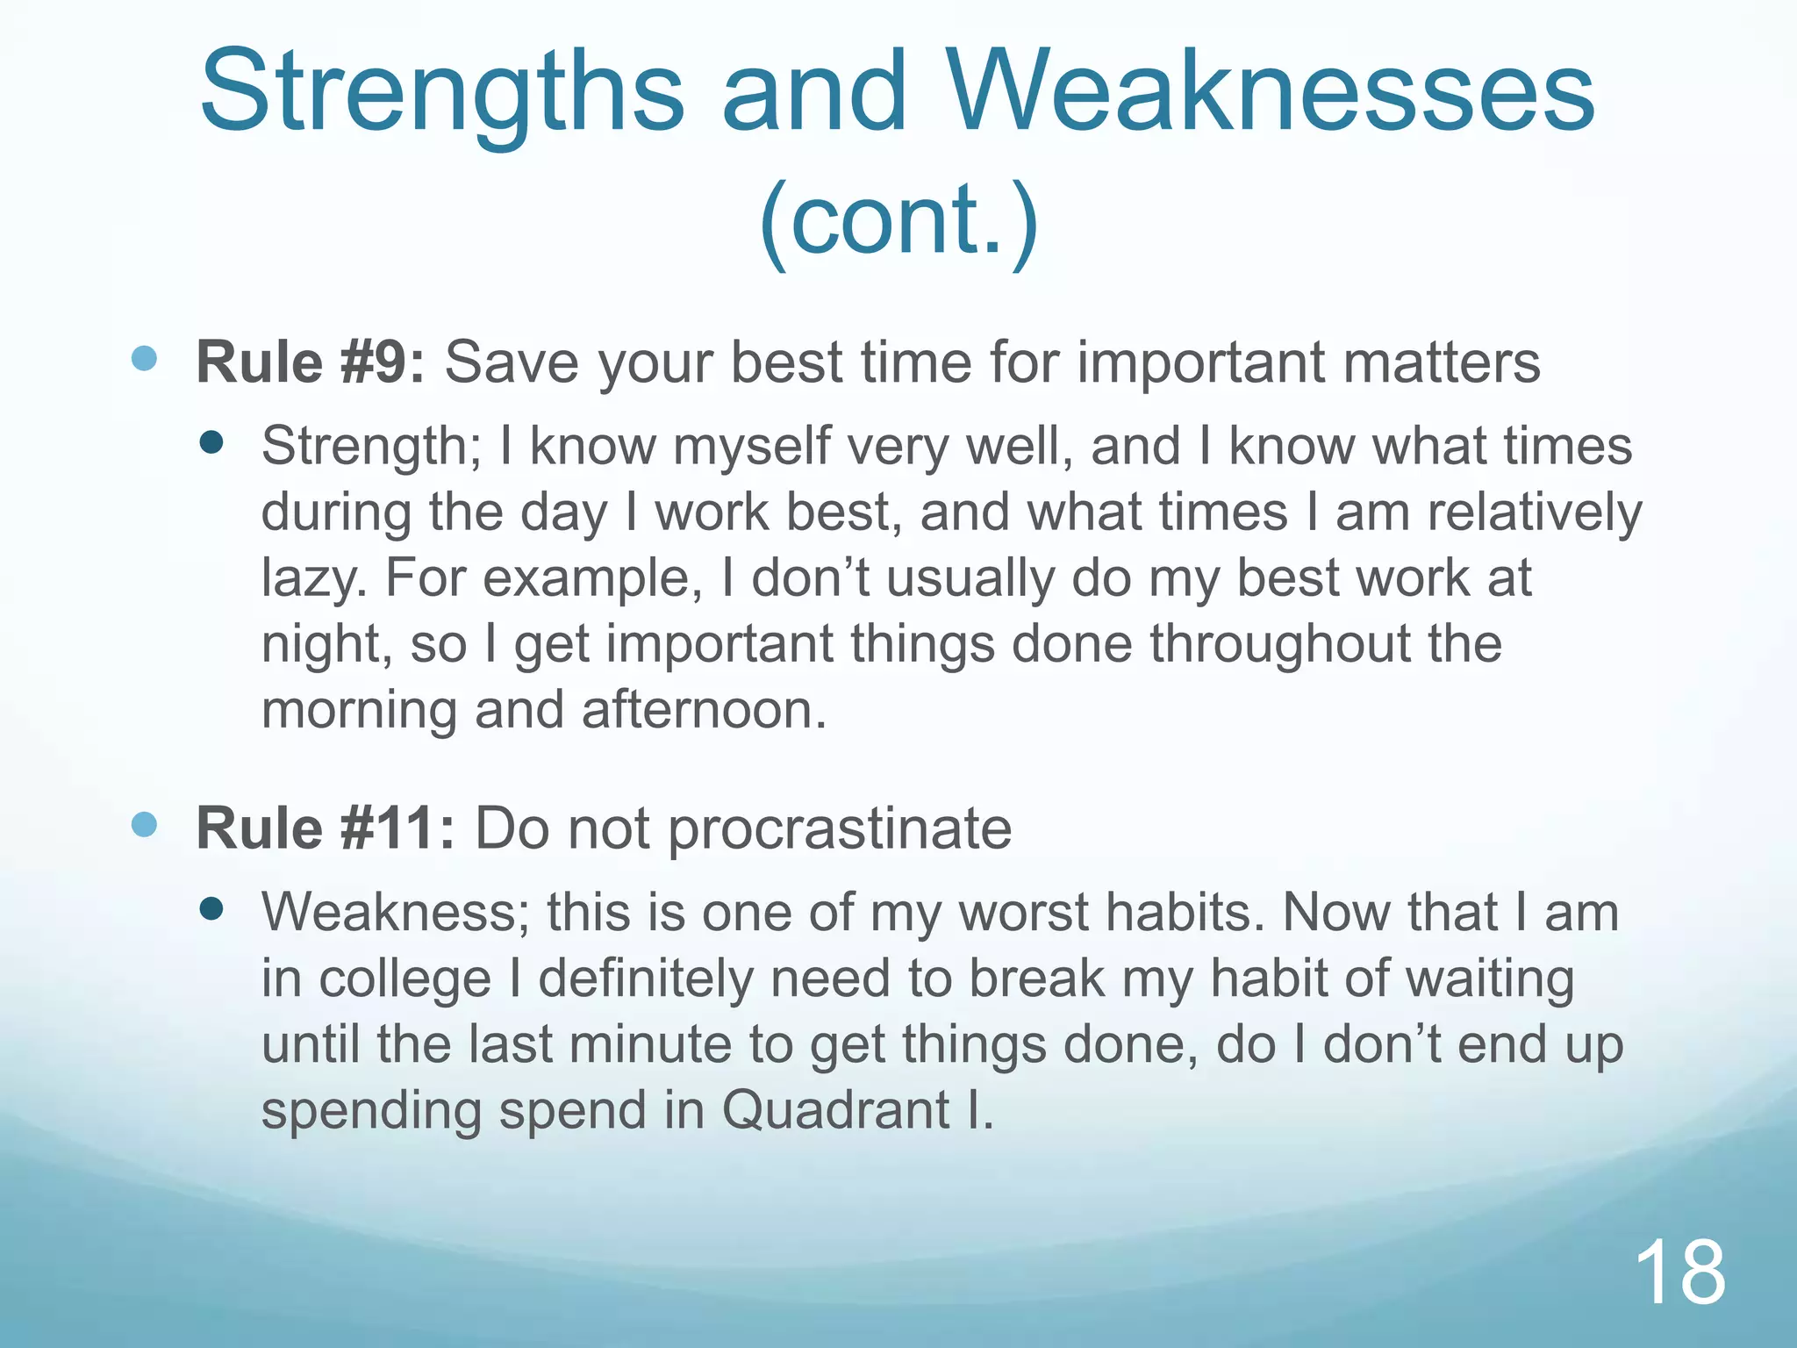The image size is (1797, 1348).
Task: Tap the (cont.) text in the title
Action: point(898,219)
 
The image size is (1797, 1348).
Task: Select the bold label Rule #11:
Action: point(326,828)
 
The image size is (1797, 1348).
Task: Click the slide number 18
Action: point(1679,1273)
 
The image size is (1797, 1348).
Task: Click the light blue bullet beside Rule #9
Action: point(144,358)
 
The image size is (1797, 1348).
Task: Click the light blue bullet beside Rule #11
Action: point(144,824)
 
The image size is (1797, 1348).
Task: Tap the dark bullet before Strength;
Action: point(211,441)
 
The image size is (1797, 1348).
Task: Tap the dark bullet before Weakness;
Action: point(211,908)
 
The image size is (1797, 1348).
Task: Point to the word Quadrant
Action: point(836,1110)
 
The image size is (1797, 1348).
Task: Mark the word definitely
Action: point(646,979)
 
